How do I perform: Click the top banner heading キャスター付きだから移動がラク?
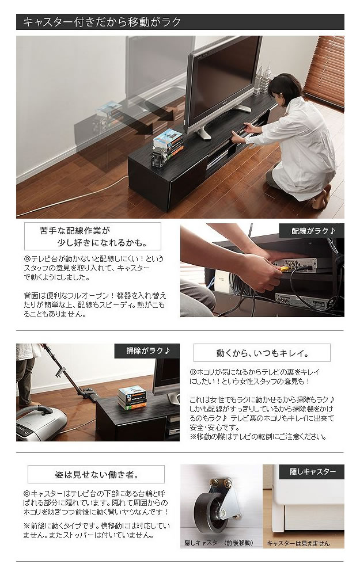tap(102, 22)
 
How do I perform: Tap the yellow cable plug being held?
tap(284, 268)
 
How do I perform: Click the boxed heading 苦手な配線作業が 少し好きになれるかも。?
tap(93, 237)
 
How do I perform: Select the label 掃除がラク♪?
tap(147, 350)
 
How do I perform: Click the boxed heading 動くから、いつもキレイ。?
tap(262, 353)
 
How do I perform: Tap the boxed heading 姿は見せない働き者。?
tap(96, 474)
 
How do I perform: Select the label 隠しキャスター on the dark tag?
tap(312, 471)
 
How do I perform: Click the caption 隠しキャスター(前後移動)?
tap(218, 542)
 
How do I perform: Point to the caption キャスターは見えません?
tap(298, 543)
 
